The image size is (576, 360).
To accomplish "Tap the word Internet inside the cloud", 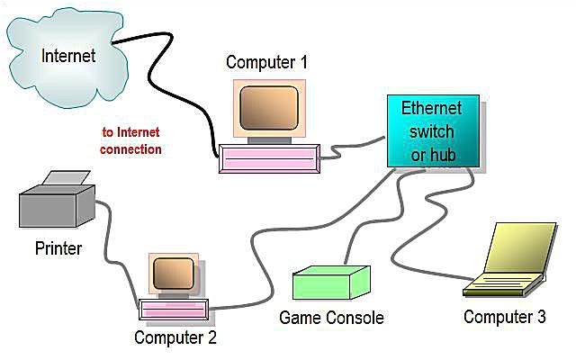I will (68, 55).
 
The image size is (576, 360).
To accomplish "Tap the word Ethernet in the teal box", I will (431, 109).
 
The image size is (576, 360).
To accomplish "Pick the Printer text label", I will (58, 247).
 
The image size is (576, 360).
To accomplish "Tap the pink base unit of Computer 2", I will (173, 310).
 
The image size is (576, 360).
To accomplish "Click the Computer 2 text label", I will (175, 338).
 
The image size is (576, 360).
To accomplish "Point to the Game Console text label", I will (331, 318).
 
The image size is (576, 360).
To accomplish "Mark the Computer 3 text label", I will (505, 317).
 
